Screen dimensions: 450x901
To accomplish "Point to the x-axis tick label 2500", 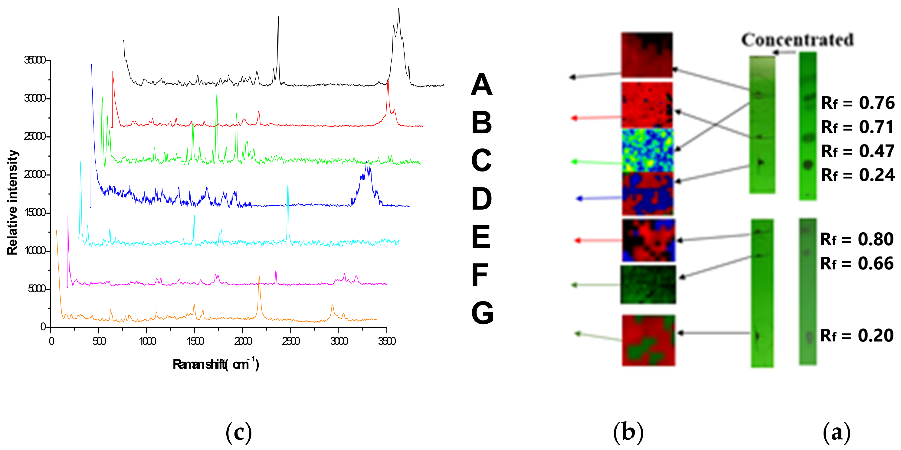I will [291, 341].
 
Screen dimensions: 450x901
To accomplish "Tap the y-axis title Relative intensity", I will [13, 202].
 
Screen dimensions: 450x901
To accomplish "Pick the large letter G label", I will [482, 313].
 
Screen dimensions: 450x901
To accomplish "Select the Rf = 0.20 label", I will [857, 336].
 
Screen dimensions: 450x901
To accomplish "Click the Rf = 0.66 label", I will [857, 263].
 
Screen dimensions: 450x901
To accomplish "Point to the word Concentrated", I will [798, 40].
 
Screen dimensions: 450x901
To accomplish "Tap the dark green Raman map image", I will [648, 285].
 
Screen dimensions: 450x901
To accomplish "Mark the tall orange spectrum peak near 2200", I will [259, 277].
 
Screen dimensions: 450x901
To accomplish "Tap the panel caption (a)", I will [836, 432].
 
